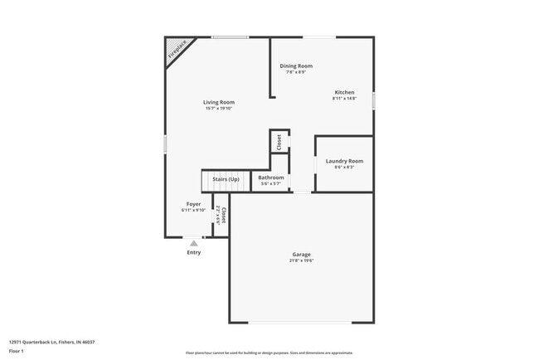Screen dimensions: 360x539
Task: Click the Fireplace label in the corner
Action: pyautogui.click(x=177, y=51)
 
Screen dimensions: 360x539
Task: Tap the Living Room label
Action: pyautogui.click(x=219, y=102)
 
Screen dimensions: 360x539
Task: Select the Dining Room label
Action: pyautogui.click(x=296, y=66)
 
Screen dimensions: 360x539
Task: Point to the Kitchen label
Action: pyautogui.click(x=344, y=92)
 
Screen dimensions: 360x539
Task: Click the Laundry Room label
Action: pyautogui.click(x=344, y=161)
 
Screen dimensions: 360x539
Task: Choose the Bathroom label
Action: pyautogui.click(x=271, y=178)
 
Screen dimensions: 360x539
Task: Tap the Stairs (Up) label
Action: pyautogui.click(x=226, y=179)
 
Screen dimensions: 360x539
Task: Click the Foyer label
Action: pyautogui.click(x=193, y=204)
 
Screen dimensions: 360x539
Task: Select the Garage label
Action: pyautogui.click(x=301, y=255)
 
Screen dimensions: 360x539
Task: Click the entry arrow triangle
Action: pyautogui.click(x=194, y=243)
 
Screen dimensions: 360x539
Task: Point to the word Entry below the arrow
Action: pyautogui.click(x=194, y=252)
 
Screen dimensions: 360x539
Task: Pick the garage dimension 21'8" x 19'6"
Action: pyautogui.click(x=301, y=261)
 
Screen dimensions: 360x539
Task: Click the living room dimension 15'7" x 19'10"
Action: pyautogui.click(x=219, y=109)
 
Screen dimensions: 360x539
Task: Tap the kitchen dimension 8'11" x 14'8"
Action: pyautogui.click(x=344, y=99)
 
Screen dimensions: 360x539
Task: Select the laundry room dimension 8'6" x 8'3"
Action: pyautogui.click(x=344, y=168)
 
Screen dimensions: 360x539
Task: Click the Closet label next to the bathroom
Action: pyautogui.click(x=279, y=141)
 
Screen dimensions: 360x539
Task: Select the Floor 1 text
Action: pyautogui.click(x=17, y=352)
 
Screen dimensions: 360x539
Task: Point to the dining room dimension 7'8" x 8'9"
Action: pyautogui.click(x=296, y=72)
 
